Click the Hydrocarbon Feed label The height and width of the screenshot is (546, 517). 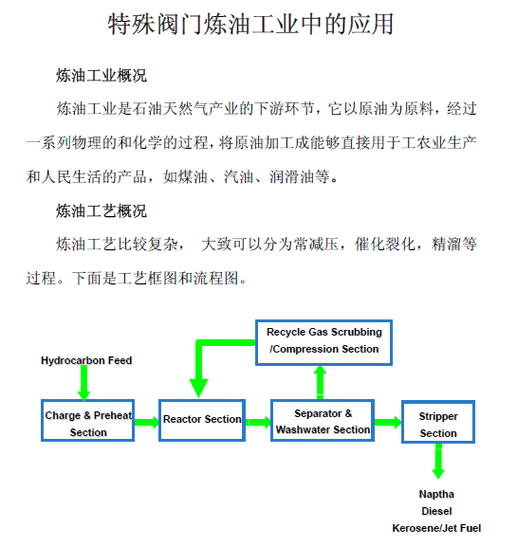click(86, 360)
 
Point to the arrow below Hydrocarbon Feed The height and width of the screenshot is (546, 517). click(84, 383)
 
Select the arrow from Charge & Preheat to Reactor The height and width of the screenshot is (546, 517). click(147, 422)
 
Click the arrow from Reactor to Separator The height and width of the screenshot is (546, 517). click(258, 422)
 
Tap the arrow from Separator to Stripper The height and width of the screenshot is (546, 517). click(388, 422)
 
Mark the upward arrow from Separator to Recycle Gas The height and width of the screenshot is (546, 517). click(321, 382)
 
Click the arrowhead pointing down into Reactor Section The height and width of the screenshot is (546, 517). click(198, 388)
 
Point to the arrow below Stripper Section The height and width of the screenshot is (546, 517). click(438, 461)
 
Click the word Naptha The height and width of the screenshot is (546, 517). click(436, 494)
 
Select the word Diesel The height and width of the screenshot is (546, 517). click(436, 511)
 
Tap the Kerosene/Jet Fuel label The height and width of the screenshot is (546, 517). click(436, 528)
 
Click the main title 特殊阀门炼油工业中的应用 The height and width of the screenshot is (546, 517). click(250, 25)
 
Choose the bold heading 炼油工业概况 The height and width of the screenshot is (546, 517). click(102, 76)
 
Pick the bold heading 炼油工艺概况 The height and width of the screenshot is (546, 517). click(102, 211)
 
